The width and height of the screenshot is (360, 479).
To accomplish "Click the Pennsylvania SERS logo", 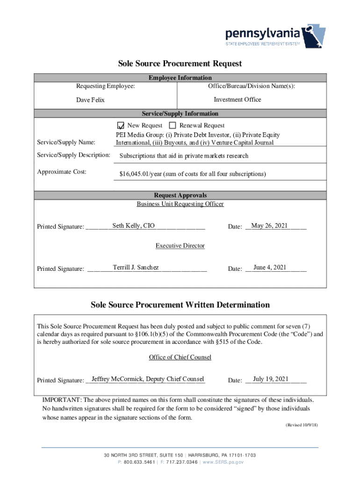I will (x=275, y=37).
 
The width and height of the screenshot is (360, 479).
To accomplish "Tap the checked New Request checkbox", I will (x=121, y=125).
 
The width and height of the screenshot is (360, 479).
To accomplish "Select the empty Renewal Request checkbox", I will (x=173, y=125).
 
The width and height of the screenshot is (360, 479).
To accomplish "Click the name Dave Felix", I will (x=91, y=100).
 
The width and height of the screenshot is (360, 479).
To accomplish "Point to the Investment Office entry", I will (x=238, y=100).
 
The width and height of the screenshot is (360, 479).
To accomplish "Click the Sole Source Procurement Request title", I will (x=180, y=63).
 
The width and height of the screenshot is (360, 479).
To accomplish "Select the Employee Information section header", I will (x=180, y=78).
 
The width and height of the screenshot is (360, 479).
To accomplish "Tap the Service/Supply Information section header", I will (x=180, y=114).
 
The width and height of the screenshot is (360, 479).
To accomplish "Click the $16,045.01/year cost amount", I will (x=193, y=174).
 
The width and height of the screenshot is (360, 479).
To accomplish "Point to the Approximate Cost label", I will (x=61, y=172).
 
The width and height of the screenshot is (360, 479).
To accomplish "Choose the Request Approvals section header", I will (x=180, y=195).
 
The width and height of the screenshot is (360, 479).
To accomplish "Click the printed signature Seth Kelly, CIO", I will (x=130, y=226).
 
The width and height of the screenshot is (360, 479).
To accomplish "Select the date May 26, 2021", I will (x=269, y=226).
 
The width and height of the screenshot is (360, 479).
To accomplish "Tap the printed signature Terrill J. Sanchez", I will (x=136, y=268).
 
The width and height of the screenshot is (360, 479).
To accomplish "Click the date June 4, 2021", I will (x=270, y=268).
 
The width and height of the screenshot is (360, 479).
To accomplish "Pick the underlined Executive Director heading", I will (x=180, y=246).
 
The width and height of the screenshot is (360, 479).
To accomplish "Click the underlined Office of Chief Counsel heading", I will (x=180, y=357).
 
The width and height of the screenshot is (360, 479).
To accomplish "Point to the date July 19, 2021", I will (x=270, y=379).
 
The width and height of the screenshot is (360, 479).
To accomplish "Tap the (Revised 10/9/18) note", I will (x=302, y=425).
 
